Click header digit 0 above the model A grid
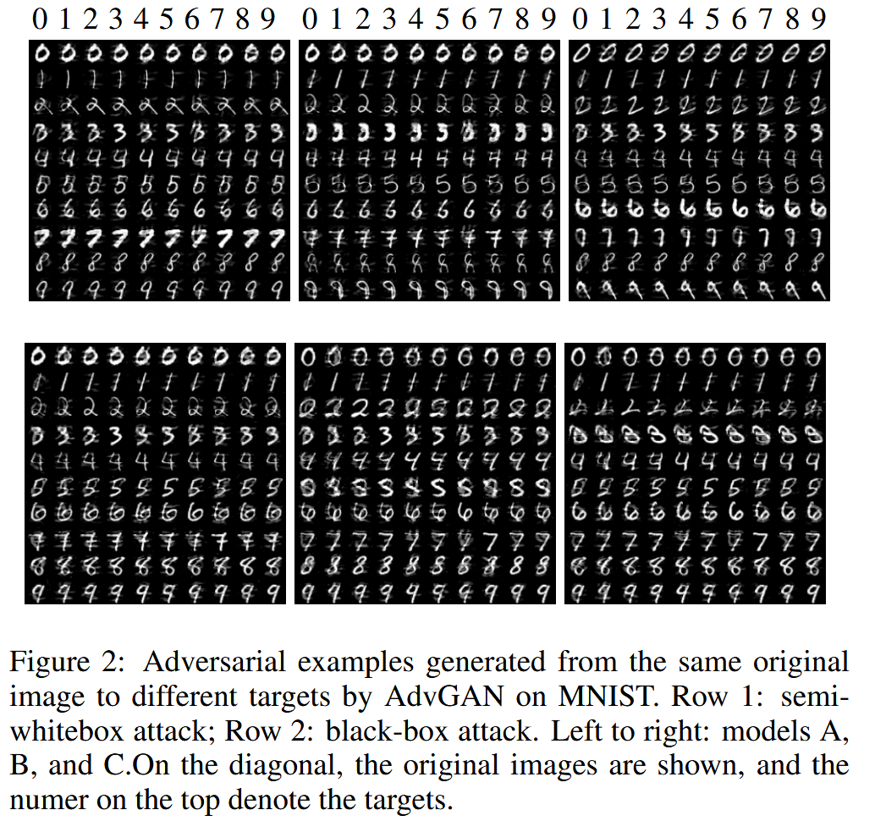38,19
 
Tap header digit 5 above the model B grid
431,19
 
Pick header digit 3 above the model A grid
115,19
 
